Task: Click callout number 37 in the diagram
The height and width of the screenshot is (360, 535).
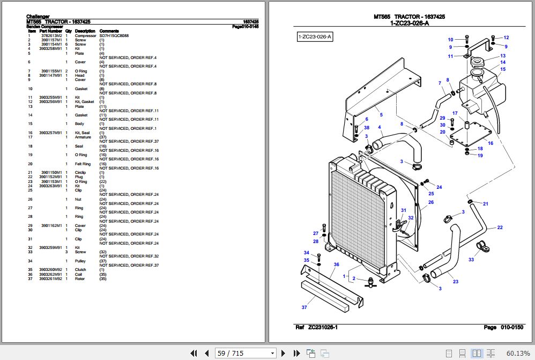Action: click(x=304, y=307)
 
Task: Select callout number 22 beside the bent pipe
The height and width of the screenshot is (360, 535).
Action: click(x=500, y=227)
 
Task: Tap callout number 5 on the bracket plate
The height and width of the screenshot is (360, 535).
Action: click(x=381, y=115)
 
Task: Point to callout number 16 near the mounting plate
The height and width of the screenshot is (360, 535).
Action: click(x=490, y=143)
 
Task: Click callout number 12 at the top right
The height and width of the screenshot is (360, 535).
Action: click(x=506, y=38)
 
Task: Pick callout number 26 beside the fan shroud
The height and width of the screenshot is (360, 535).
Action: click(x=430, y=202)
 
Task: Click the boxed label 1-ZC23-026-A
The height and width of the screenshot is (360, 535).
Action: click(x=315, y=36)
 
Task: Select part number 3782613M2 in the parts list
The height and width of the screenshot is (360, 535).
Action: click(x=51, y=36)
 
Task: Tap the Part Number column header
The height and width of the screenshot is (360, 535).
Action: click(x=50, y=31)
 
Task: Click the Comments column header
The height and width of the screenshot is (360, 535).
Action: click(x=109, y=31)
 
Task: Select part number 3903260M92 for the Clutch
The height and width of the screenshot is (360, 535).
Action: click(x=51, y=270)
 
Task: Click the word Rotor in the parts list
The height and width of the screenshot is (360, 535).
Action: click(x=79, y=278)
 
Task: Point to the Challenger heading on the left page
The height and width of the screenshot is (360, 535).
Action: click(x=38, y=17)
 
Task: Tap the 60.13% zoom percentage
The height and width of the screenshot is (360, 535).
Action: click(x=518, y=353)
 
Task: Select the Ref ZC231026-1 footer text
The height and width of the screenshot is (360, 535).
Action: click(x=316, y=327)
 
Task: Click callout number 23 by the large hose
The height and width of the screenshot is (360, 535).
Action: click(x=456, y=281)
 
